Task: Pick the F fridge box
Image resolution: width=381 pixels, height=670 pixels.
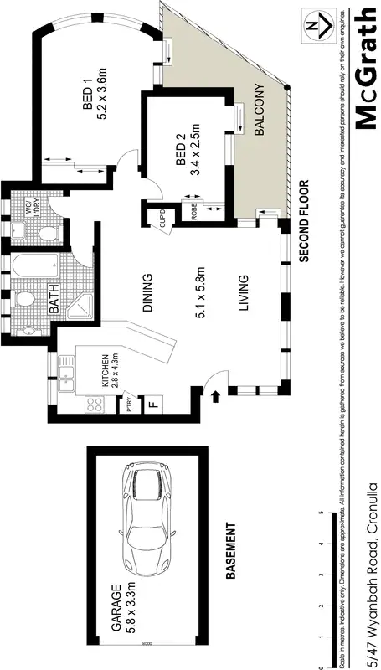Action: click(153, 404)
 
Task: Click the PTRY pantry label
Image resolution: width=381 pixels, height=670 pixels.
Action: click(130, 405)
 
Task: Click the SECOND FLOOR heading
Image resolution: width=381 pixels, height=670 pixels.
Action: click(304, 222)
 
